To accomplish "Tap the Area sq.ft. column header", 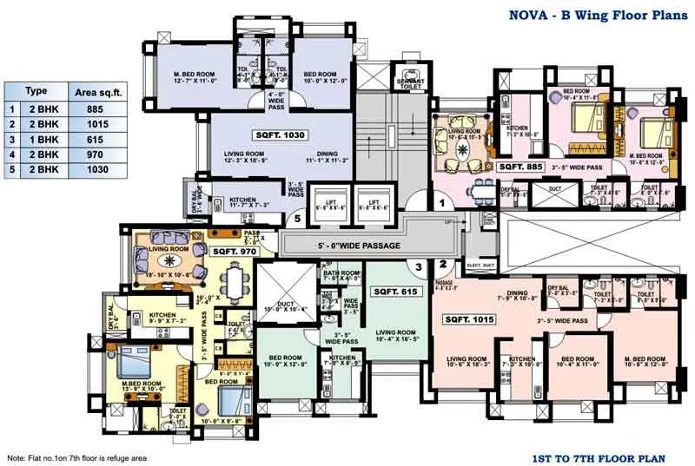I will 95,90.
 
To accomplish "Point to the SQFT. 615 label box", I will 396,292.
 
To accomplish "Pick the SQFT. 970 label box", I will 233,251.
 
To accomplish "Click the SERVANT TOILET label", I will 410,83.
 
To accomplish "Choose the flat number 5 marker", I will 297,220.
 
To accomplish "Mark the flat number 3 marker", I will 418,266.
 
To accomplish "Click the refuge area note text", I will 77,457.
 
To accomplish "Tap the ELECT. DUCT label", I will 480,266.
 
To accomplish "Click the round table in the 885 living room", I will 456,143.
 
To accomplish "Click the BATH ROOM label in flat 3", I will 341,276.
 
